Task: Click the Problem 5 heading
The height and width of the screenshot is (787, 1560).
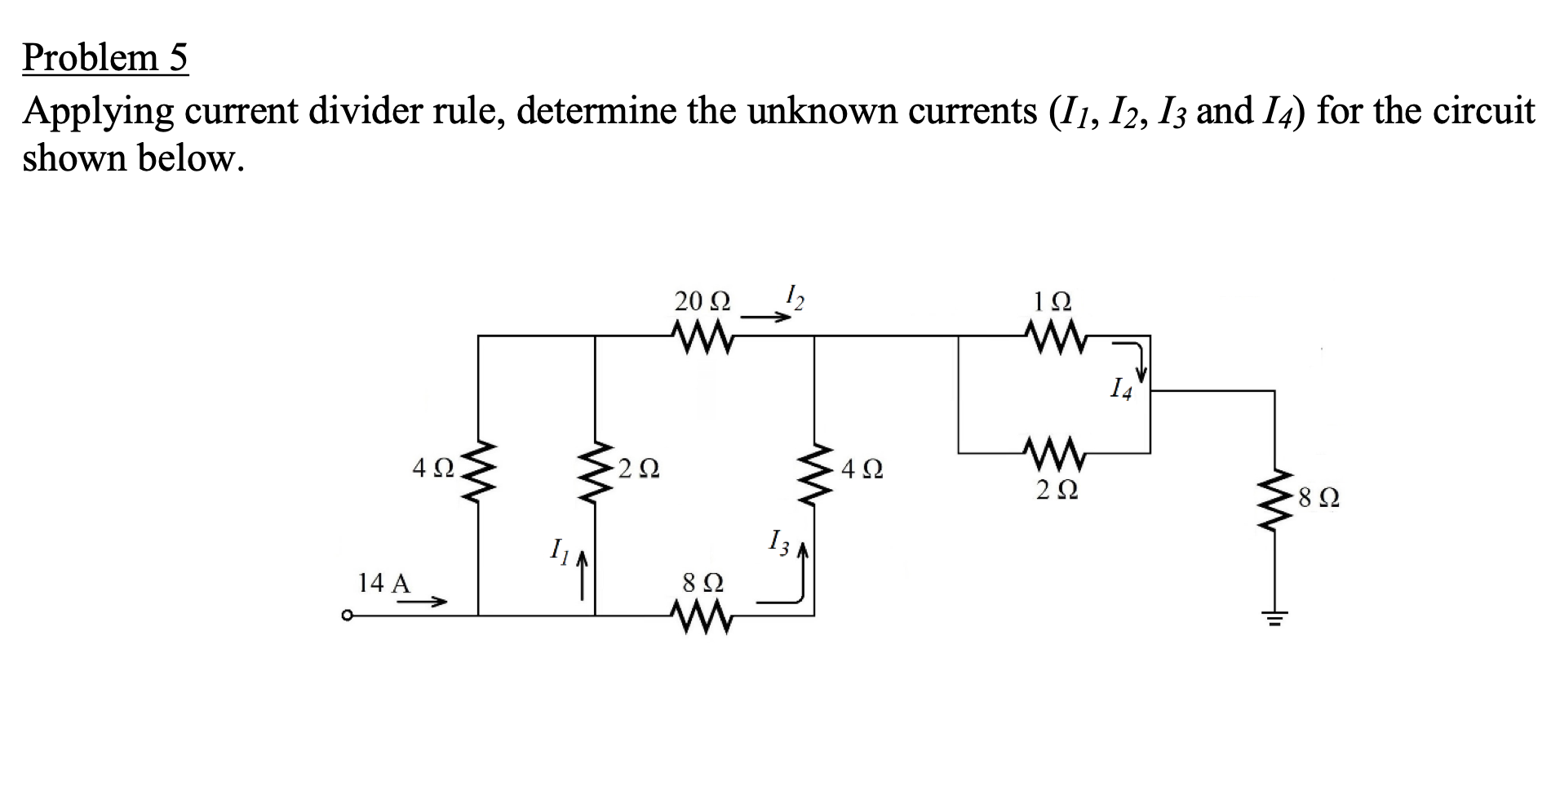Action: (105, 58)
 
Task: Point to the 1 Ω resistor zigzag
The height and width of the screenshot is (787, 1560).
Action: (1054, 335)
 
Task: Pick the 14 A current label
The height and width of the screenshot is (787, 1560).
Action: (384, 583)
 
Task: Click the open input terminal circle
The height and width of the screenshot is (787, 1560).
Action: (348, 616)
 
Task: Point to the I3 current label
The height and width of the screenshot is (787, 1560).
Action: (779, 543)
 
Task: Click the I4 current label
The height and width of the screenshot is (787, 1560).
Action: (1122, 390)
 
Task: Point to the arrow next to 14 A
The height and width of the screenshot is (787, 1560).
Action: (423, 603)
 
